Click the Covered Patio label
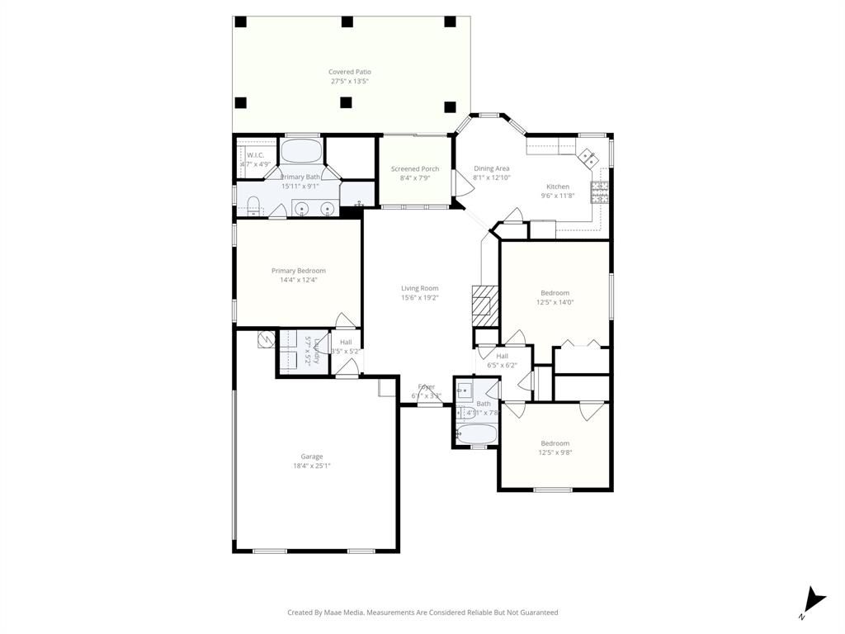349,72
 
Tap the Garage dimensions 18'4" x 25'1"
311,466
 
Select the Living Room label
419,288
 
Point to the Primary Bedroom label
299,271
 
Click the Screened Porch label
414,169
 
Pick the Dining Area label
491,168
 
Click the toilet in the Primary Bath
254,206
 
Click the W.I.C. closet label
255,155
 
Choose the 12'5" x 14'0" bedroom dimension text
556,302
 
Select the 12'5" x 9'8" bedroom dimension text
555,452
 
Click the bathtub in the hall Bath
476,433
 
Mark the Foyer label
426,386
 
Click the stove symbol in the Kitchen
600,192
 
